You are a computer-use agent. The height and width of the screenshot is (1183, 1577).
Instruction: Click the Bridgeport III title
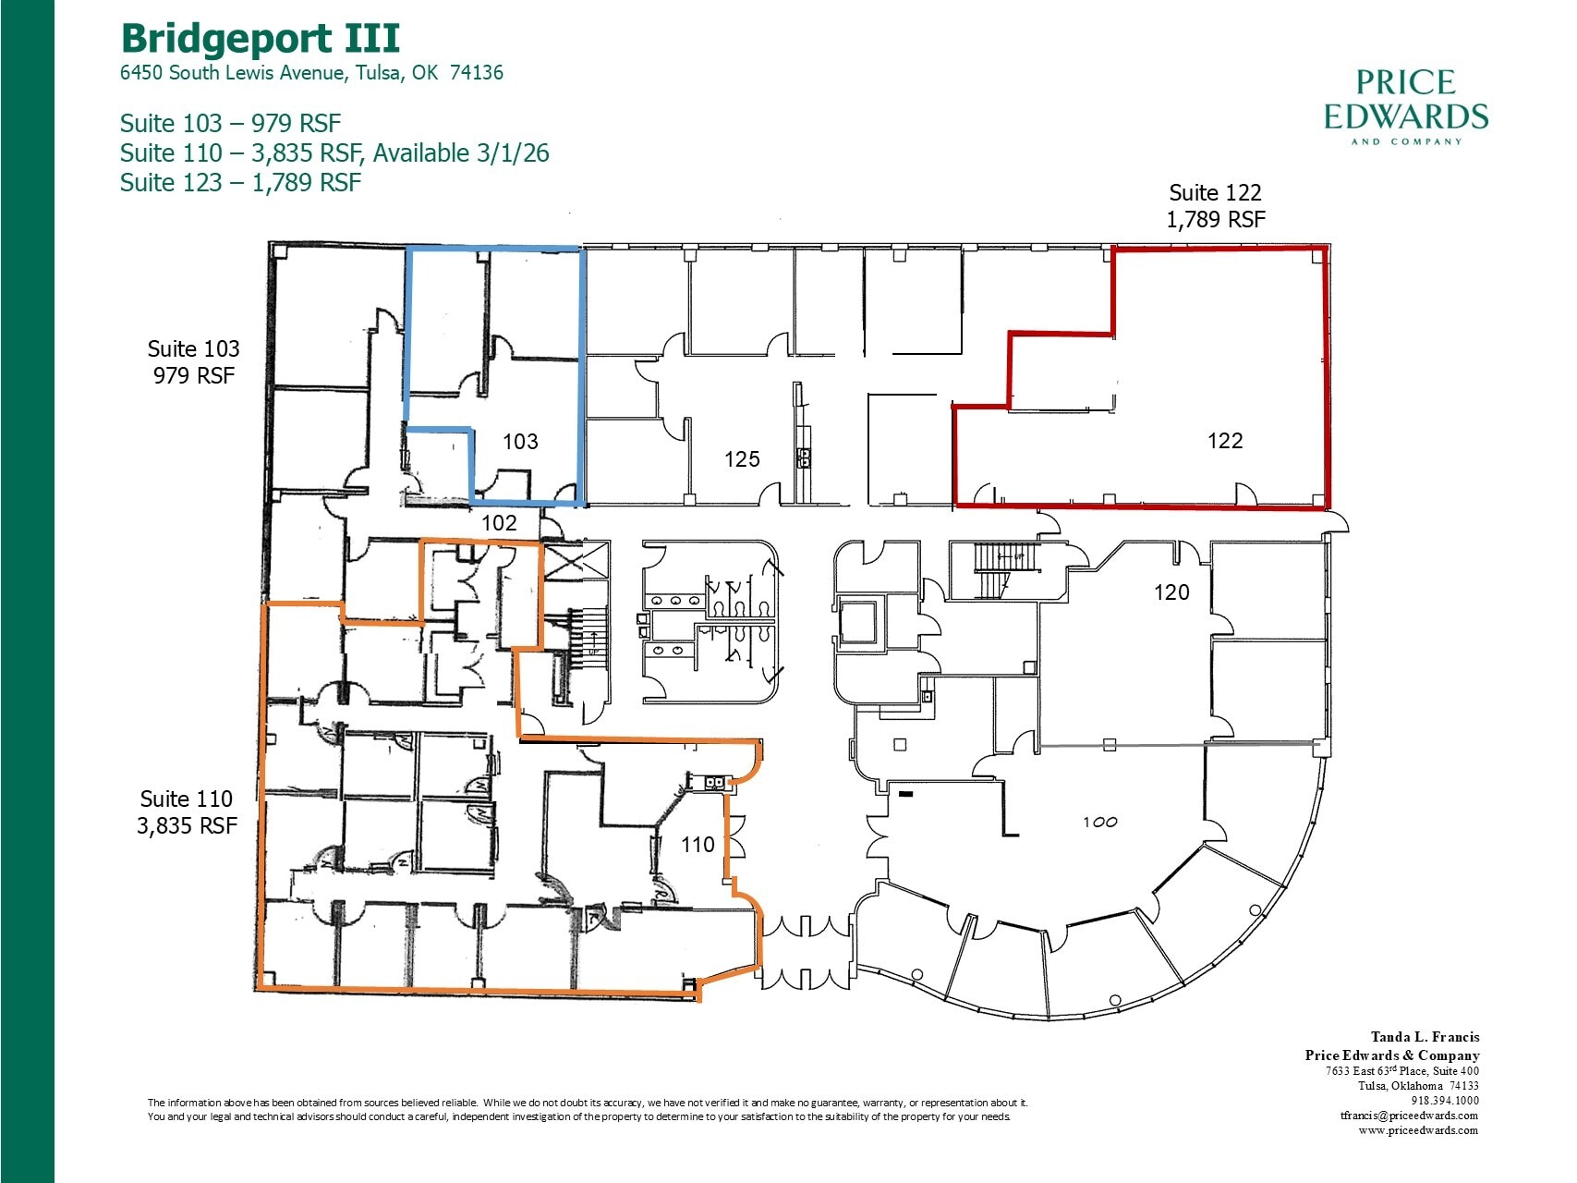pos(261,39)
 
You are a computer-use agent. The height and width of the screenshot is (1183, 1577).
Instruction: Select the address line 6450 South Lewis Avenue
pos(311,73)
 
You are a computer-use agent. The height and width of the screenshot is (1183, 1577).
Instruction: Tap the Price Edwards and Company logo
pos(1405,106)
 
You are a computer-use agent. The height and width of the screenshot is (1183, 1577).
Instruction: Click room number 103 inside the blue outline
pos(520,442)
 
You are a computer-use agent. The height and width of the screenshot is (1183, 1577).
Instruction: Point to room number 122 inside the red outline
pos(1225,441)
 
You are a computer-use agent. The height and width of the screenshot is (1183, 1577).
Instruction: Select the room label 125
pos(742,459)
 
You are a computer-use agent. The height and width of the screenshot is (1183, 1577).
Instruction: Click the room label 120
pos(1171,592)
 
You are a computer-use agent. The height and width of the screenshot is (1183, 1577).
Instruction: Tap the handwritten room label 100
pos(1099,822)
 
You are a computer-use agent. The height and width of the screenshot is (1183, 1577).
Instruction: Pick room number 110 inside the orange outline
pos(698,844)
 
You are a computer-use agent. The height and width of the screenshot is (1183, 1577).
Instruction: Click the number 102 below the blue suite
pos(499,523)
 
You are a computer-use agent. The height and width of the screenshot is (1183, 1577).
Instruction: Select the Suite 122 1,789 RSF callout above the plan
pos(1215,206)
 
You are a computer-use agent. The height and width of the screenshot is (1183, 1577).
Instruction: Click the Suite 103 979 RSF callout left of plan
pos(193,361)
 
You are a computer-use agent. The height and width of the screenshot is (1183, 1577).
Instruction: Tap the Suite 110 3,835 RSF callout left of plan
pos(187,811)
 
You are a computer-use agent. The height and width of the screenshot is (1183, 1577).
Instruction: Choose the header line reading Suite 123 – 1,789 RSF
pos(240,183)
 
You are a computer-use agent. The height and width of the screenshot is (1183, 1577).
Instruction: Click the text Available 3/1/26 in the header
pos(461,153)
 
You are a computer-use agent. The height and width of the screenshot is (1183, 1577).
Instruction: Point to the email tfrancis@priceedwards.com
pos(1409,1116)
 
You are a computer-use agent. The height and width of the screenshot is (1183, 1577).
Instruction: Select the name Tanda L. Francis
pos(1425,1037)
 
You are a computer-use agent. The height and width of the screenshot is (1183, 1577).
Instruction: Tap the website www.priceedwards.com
pos(1417,1130)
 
